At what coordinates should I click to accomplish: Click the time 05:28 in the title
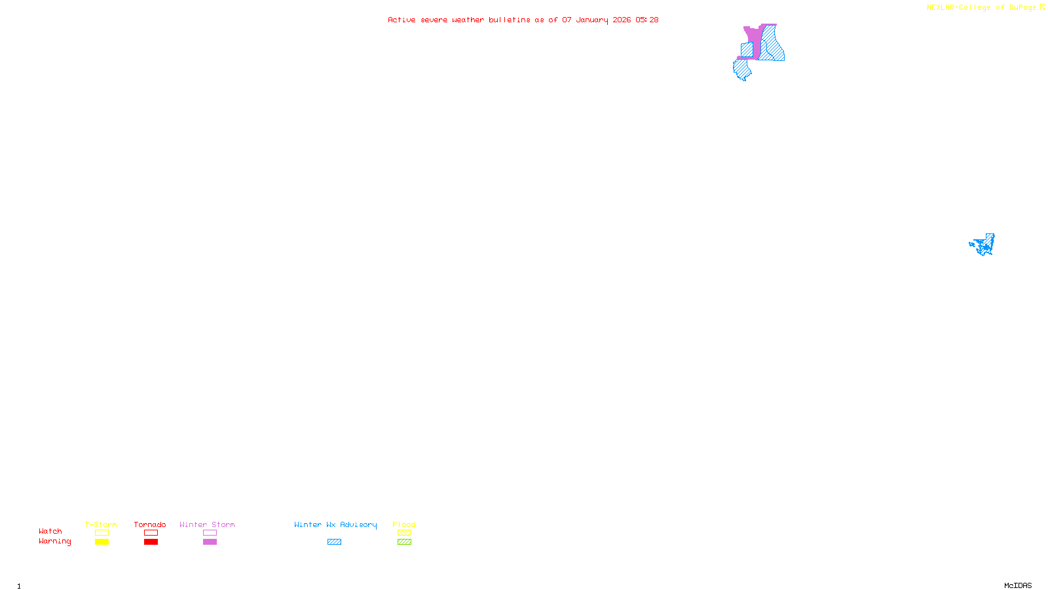click(646, 20)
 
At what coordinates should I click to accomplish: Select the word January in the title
click(591, 20)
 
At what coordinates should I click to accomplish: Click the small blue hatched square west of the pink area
click(747, 49)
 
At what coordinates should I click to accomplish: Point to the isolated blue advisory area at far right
click(983, 245)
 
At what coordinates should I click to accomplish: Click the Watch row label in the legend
click(50, 531)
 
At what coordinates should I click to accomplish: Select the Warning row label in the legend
click(54, 541)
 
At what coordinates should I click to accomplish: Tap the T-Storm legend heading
click(101, 524)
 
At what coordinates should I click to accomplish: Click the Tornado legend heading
click(150, 524)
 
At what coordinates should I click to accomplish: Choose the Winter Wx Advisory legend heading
click(335, 524)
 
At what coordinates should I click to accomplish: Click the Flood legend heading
click(404, 524)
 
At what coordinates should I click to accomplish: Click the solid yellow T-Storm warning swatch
click(102, 542)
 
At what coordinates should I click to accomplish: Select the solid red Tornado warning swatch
click(151, 542)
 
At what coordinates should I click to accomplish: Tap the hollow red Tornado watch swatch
click(151, 533)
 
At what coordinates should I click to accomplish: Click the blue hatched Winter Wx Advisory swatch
click(334, 542)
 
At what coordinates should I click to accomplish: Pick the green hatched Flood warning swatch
click(404, 542)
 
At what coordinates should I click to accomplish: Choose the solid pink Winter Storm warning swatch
click(210, 542)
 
